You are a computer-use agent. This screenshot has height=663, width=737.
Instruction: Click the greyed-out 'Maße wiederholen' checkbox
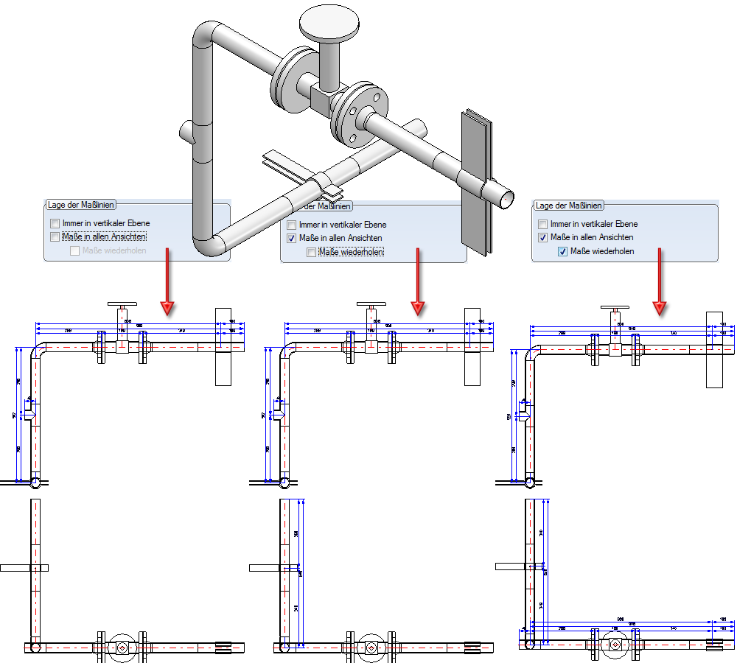pyautogui.click(x=74, y=250)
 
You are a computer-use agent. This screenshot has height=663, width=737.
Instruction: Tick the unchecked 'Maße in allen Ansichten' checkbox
pyautogui.click(x=55, y=237)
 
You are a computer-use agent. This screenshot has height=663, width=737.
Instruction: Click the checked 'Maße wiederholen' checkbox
pyautogui.click(x=563, y=251)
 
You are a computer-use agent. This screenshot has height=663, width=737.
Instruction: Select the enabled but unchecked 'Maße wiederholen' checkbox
pyautogui.click(x=312, y=253)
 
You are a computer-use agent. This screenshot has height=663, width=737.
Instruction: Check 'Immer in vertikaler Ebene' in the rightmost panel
pyautogui.click(x=543, y=224)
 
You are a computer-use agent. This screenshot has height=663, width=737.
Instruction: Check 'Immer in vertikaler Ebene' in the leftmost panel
pyautogui.click(x=55, y=223)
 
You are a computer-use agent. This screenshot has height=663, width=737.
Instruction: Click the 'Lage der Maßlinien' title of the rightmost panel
pyautogui.click(x=569, y=206)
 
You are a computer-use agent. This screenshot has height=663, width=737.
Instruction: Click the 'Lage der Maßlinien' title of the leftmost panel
pyautogui.click(x=80, y=204)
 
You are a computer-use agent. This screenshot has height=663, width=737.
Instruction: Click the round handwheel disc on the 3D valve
pyautogui.click(x=329, y=22)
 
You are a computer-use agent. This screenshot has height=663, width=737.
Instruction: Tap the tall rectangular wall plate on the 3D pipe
pyautogui.click(x=475, y=184)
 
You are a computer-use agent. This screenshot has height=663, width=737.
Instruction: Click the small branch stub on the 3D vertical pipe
pyautogui.click(x=186, y=133)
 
